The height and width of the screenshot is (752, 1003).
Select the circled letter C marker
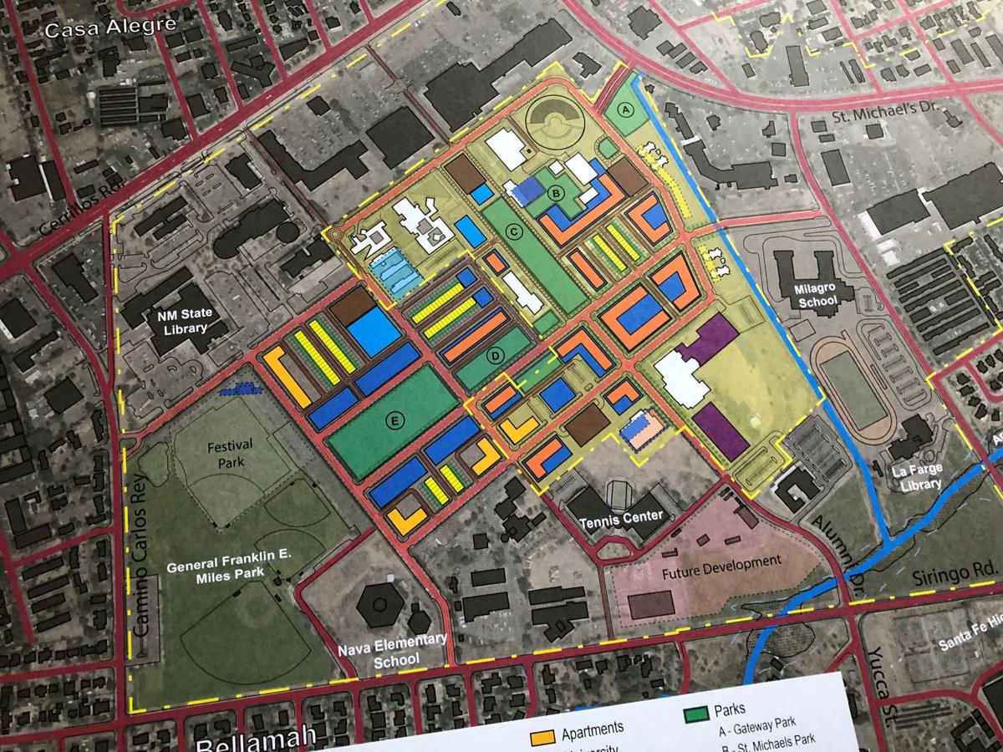pos(515,231)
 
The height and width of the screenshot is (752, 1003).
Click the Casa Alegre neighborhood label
pos(111,28)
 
